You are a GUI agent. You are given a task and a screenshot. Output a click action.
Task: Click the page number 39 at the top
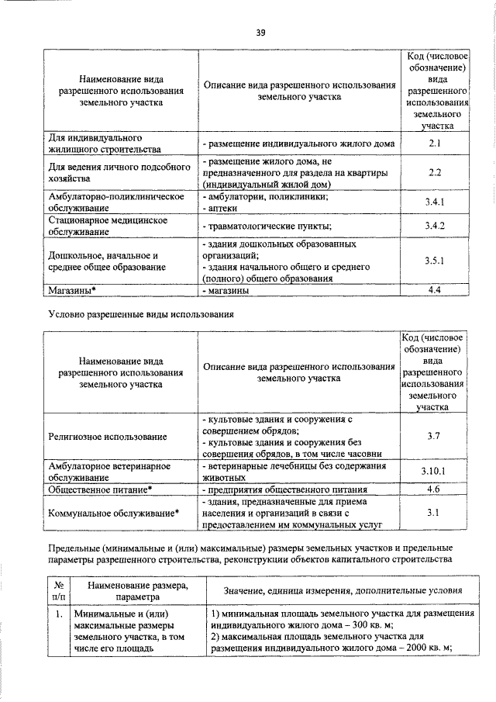click(261, 32)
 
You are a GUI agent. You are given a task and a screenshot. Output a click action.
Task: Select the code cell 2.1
click(435, 144)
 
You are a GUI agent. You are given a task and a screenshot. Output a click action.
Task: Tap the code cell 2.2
click(435, 173)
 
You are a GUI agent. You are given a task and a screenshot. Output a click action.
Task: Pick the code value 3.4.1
click(435, 202)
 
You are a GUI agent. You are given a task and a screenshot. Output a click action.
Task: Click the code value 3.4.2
click(435, 226)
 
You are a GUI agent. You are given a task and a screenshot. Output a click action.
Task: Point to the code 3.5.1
click(435, 261)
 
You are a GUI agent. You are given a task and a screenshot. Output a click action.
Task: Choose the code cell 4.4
click(435, 290)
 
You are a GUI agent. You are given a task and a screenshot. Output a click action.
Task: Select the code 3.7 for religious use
click(434, 437)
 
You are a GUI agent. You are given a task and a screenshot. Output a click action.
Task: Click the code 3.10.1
click(434, 471)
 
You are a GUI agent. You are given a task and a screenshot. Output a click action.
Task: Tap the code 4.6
click(434, 489)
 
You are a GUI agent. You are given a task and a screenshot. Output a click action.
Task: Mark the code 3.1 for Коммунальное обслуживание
click(434, 513)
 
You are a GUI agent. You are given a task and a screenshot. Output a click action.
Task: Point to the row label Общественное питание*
click(100, 489)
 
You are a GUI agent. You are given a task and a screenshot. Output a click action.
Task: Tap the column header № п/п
click(58, 593)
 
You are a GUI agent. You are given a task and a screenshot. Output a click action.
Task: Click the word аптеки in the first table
click(221, 209)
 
